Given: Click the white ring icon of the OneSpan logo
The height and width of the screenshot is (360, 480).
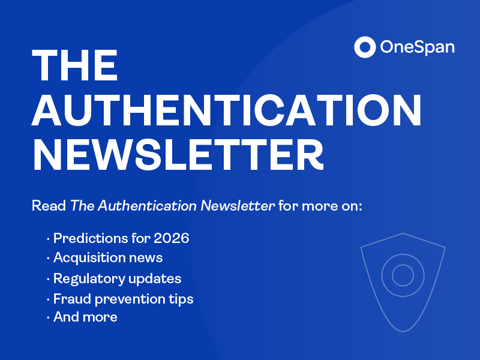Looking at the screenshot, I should point(364,47).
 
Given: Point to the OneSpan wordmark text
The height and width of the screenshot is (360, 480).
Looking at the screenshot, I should point(417,47).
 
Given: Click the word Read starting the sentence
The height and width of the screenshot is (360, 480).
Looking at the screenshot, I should point(49,206).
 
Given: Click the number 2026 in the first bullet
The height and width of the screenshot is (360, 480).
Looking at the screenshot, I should point(171,238).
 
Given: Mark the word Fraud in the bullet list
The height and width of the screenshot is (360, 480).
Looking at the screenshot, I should point(69,298).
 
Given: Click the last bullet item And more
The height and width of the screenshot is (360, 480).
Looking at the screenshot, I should point(85,317).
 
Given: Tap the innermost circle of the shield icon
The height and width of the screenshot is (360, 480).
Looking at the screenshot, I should point(403,275).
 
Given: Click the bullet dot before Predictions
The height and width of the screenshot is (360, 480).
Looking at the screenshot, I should point(48,239).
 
